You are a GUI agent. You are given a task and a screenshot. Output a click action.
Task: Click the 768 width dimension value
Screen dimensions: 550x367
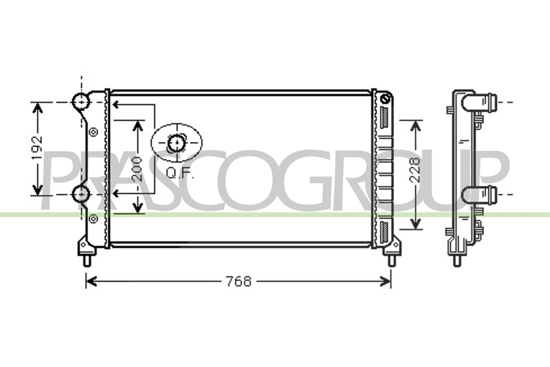coord(239,281)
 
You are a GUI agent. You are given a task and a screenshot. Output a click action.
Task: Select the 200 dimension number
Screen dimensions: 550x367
coord(136,170)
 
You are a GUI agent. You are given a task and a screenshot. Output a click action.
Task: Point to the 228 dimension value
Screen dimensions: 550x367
coord(415,170)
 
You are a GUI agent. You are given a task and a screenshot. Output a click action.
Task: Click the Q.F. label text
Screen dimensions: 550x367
coord(180,173)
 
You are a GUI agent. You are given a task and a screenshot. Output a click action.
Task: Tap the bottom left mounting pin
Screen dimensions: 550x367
coord(87,261)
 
